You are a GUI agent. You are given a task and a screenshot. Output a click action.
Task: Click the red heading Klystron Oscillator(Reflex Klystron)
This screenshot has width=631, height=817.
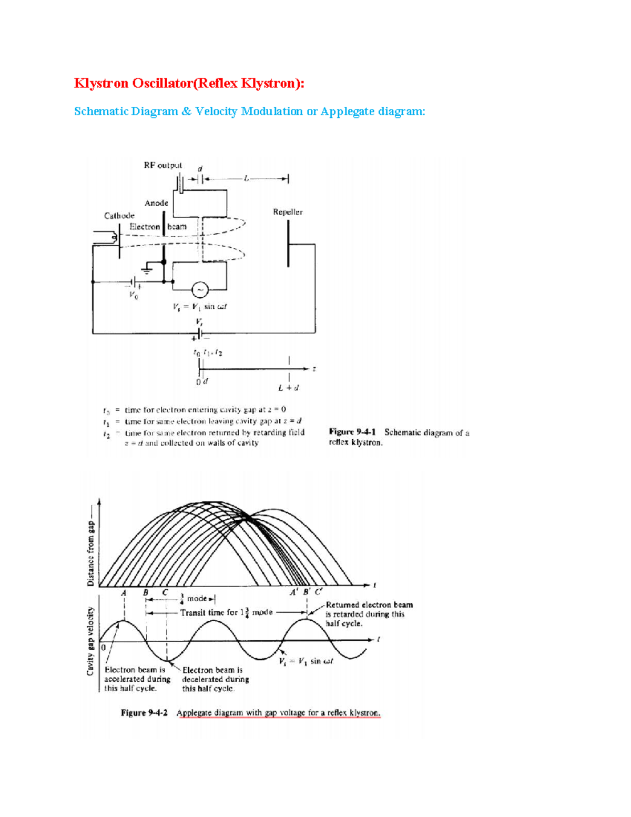click(x=189, y=83)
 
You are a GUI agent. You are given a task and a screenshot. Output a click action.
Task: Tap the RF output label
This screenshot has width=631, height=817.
click(x=162, y=165)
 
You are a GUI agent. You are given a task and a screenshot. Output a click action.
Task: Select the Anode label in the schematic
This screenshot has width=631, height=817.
click(x=156, y=203)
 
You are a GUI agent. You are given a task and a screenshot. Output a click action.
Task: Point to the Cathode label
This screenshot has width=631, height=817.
click(x=119, y=216)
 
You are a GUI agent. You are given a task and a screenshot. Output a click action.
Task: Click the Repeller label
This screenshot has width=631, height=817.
click(x=288, y=212)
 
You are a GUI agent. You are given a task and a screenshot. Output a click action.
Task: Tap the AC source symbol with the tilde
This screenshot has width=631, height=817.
click(x=199, y=289)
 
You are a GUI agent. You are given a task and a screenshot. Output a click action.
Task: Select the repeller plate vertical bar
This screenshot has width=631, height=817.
click(x=288, y=244)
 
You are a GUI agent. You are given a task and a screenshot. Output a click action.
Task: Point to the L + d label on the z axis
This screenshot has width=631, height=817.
click(x=289, y=388)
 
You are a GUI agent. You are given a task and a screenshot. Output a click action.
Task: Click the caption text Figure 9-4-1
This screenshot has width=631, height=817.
click(x=352, y=432)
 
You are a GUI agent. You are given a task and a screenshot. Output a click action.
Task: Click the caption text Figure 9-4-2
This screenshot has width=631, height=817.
click(x=144, y=713)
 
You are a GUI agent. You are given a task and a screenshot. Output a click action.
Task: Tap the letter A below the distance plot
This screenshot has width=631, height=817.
click(x=124, y=593)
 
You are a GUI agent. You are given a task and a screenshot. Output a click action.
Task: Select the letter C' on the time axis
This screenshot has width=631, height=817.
click(x=319, y=592)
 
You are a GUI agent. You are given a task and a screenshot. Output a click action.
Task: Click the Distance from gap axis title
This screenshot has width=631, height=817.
click(x=90, y=553)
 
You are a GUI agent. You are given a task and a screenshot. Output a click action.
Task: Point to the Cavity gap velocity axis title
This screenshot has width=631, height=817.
click(x=90, y=641)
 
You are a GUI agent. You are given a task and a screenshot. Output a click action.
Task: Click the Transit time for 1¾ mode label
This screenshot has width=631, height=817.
click(x=226, y=612)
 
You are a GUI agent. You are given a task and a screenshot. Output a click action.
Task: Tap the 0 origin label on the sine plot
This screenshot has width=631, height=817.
click(x=104, y=647)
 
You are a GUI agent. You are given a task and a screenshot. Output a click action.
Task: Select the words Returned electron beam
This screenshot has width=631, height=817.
click(x=369, y=605)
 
